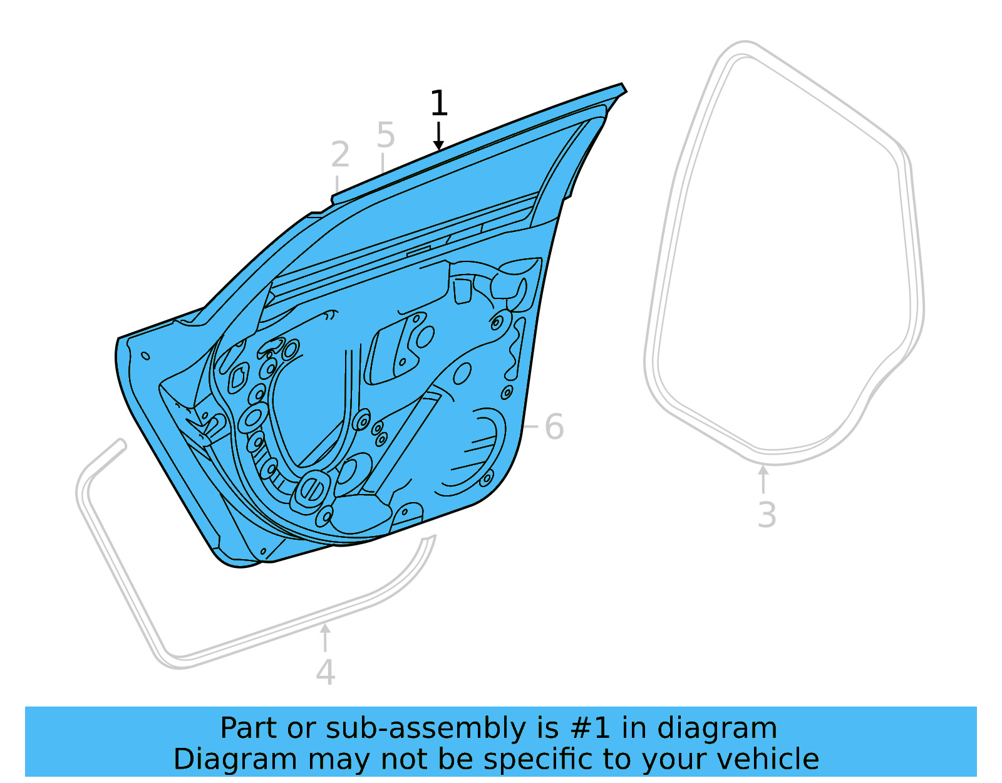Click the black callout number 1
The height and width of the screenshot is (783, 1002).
[x=438, y=103]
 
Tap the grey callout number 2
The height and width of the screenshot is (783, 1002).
[x=339, y=155]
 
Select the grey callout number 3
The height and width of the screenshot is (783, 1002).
[x=767, y=515]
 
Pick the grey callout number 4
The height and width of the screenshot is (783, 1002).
[x=325, y=673]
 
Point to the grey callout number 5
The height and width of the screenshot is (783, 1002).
[x=386, y=135]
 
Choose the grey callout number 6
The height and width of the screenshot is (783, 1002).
[x=554, y=428]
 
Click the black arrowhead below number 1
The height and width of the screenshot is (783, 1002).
[x=438, y=145]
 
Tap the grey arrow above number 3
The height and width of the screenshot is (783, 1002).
[x=763, y=476]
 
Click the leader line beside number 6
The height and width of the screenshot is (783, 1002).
[x=530, y=426]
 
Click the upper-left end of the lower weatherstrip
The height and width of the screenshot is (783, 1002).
[x=120, y=444]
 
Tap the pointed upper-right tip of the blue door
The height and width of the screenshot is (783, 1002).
[x=623, y=87]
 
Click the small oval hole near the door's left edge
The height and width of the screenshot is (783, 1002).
[x=145, y=356]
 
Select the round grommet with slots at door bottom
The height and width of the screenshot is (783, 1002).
[x=312, y=488]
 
